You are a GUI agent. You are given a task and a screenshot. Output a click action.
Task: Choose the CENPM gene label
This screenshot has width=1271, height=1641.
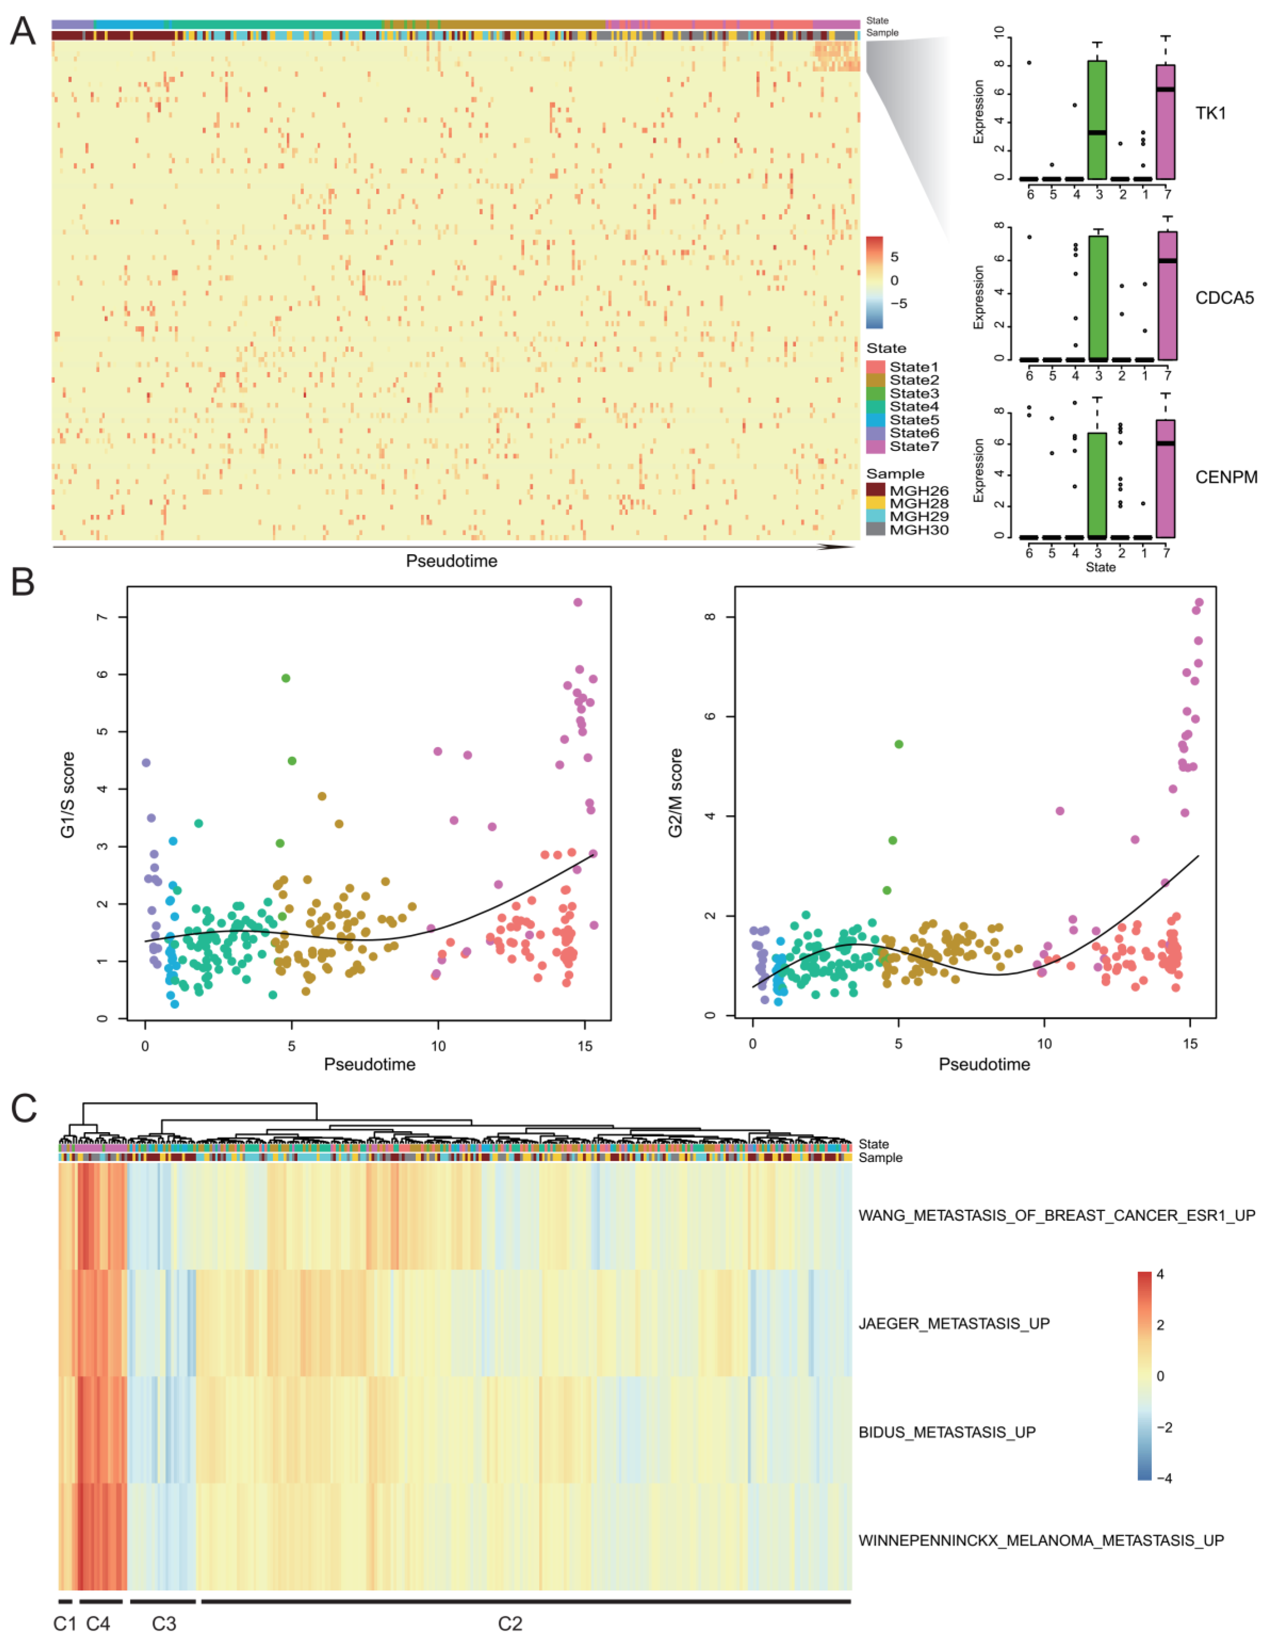pos(1226,477)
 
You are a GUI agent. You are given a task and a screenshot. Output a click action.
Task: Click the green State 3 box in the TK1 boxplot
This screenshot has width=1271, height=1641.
pos(1097,120)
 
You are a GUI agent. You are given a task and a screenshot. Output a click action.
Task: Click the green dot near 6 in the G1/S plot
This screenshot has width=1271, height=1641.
pos(285,678)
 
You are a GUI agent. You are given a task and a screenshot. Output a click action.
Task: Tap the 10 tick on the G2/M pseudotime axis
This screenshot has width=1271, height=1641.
pos(1044,1044)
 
